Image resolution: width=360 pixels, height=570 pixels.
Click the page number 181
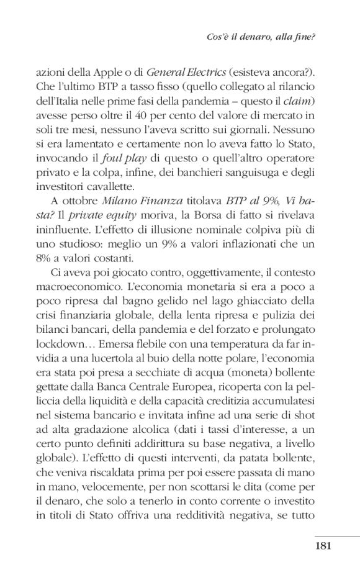325,546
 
